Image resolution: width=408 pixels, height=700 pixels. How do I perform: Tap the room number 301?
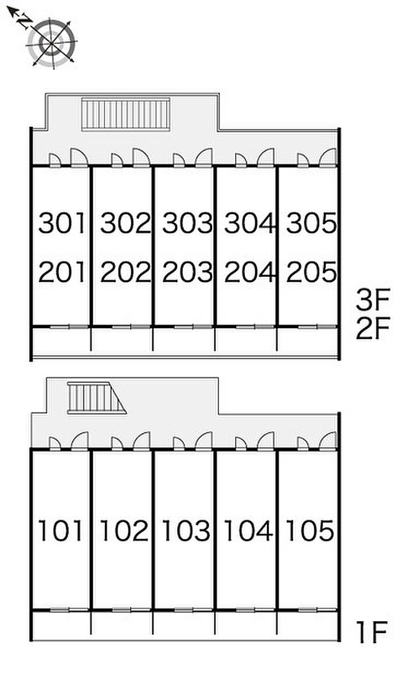[x=62, y=224]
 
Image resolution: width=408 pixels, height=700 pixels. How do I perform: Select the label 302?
[x=125, y=224]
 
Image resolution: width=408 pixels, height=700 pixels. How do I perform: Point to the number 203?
[x=187, y=272]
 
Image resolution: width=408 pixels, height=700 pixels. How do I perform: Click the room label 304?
[x=249, y=224]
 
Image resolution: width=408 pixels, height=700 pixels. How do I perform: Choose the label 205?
[x=311, y=272]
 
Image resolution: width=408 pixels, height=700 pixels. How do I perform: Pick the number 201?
[x=62, y=272]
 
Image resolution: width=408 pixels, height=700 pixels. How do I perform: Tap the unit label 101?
[x=62, y=530]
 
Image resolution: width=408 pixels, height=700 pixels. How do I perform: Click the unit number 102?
[x=125, y=530]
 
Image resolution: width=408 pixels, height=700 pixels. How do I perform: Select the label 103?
[x=187, y=530]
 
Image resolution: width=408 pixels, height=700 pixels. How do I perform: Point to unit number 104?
[x=249, y=530]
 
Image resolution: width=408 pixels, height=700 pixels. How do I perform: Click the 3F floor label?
[x=372, y=301]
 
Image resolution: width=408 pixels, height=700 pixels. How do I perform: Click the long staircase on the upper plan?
[x=125, y=114]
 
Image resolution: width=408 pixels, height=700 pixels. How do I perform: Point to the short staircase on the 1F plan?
[x=93, y=398]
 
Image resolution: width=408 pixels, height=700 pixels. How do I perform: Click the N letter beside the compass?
[x=24, y=22]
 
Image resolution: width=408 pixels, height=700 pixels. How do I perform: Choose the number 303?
[x=187, y=224]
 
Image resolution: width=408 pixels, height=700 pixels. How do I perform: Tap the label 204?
[x=249, y=272]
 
